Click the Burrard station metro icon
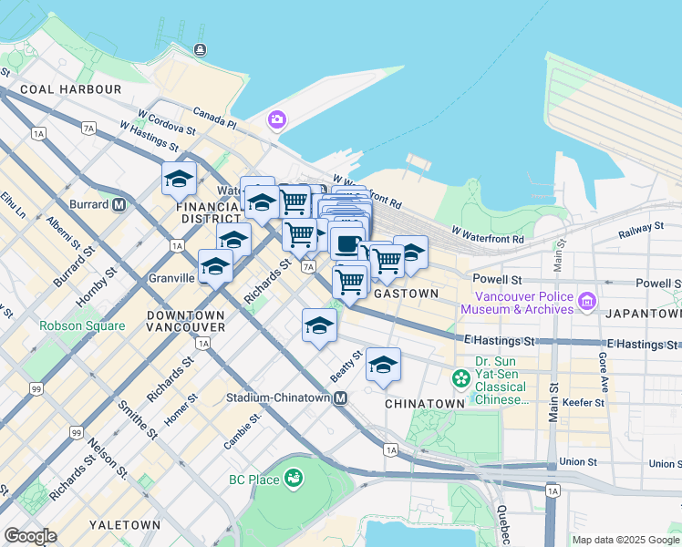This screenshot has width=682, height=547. click(x=119, y=205)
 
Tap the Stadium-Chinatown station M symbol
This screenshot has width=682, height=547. click(x=340, y=398)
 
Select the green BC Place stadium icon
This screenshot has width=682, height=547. click(x=294, y=478)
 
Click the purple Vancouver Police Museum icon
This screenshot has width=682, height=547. click(x=586, y=300)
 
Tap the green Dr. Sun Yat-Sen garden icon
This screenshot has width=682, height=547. click(x=461, y=377)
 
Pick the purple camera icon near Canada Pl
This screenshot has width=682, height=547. click(x=276, y=119)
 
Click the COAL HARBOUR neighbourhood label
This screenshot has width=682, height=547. click(x=70, y=89)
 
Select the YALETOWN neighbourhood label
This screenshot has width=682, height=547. click(x=125, y=525)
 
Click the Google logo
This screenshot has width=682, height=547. click(x=30, y=536)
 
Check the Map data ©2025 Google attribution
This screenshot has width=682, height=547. click(x=624, y=540)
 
